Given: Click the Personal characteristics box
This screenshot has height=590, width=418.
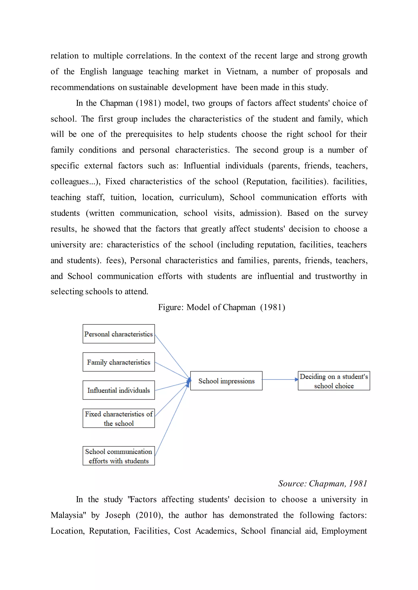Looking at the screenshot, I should pyautogui.click(x=119, y=334).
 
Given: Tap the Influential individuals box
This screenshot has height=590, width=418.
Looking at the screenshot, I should pyautogui.click(x=119, y=390).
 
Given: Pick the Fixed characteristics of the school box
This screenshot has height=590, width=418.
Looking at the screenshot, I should pyautogui.click(x=119, y=418).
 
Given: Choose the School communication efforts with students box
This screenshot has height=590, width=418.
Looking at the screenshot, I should pyautogui.click(x=119, y=456).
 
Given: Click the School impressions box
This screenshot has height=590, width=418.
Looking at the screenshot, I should pyautogui.click(x=226, y=381).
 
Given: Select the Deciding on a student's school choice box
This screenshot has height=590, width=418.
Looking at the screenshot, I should pyautogui.click(x=334, y=381).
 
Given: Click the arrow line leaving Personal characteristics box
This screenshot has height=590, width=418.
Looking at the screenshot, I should pyautogui.click(x=172, y=356).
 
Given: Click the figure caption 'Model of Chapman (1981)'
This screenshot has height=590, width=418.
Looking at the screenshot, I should pyautogui.click(x=221, y=307).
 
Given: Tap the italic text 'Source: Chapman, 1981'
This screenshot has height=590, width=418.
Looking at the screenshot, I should pyautogui.click(x=322, y=484).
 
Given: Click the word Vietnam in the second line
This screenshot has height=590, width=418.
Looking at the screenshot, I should pyautogui.click(x=242, y=72).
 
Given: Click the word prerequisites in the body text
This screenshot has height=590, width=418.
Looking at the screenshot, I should pyautogui.click(x=149, y=134).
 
